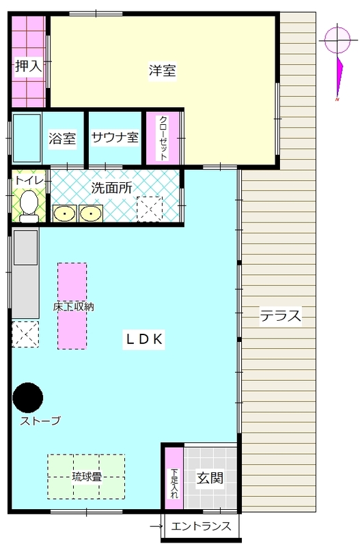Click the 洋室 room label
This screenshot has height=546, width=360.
click(x=163, y=71)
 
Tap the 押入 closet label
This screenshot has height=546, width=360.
click(x=29, y=66)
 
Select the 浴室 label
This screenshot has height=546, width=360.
click(x=62, y=139)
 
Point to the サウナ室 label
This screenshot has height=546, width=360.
click(x=115, y=137)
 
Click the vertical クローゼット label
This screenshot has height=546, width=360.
click(x=163, y=139)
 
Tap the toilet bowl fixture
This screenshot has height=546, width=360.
click(x=29, y=206)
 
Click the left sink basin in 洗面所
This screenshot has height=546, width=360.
click(x=64, y=213)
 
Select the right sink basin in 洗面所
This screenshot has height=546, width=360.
click(x=91, y=213)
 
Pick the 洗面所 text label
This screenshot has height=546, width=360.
click(x=112, y=188)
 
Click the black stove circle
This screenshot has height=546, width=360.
click(x=28, y=398)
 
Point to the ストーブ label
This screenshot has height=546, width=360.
click(x=40, y=421)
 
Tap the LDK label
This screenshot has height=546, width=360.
click(x=144, y=339)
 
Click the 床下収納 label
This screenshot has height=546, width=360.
click(x=73, y=306)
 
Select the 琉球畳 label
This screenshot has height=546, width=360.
click(x=87, y=476)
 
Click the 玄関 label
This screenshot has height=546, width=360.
click(x=210, y=478)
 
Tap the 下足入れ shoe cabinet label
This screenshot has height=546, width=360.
click(x=174, y=484)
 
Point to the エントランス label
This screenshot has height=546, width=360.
click(x=201, y=526)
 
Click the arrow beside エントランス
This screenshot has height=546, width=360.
click(x=156, y=526)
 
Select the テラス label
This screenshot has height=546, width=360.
click(x=281, y=316)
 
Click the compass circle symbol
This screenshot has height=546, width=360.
click(x=337, y=40)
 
